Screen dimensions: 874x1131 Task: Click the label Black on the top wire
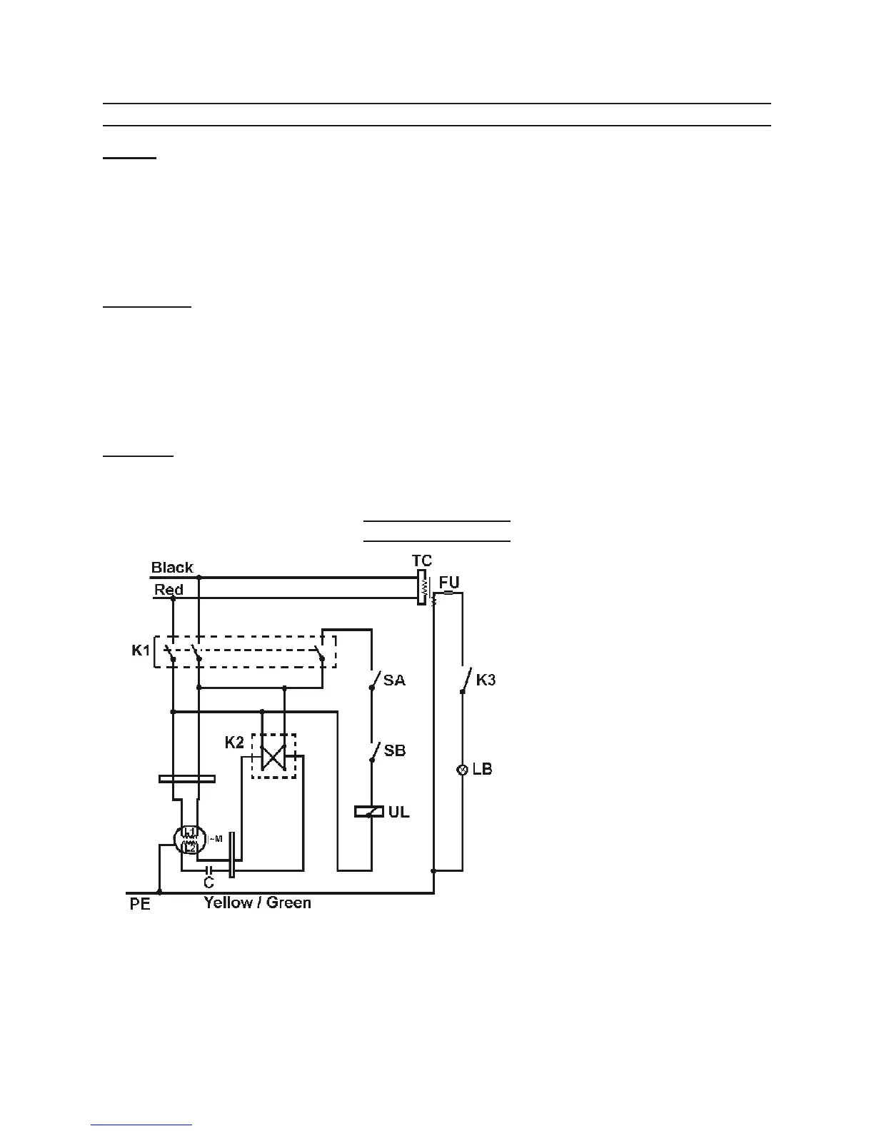click(172, 568)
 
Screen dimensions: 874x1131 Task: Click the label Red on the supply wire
click(169, 590)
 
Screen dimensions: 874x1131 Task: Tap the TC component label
click(422, 561)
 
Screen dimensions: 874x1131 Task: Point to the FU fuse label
click(449, 583)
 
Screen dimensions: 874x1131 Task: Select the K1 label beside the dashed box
click(141, 651)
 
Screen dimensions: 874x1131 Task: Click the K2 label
click(234, 743)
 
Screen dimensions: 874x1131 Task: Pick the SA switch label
click(394, 680)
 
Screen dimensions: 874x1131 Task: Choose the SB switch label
click(394, 751)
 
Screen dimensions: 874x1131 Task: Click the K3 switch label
click(486, 680)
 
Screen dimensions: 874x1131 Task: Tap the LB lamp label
click(483, 770)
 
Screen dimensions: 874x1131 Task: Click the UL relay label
click(399, 812)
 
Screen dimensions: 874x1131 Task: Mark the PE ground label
click(140, 904)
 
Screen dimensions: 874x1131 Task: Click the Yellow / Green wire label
click(258, 903)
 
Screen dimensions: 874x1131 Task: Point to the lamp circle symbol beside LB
click(462, 770)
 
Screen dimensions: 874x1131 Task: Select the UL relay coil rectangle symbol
click(370, 812)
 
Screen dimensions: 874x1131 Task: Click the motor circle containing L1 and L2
click(189, 839)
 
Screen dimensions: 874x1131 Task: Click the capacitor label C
click(209, 883)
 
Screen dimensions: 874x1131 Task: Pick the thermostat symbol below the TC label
click(422, 588)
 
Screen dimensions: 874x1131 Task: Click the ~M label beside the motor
click(215, 839)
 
